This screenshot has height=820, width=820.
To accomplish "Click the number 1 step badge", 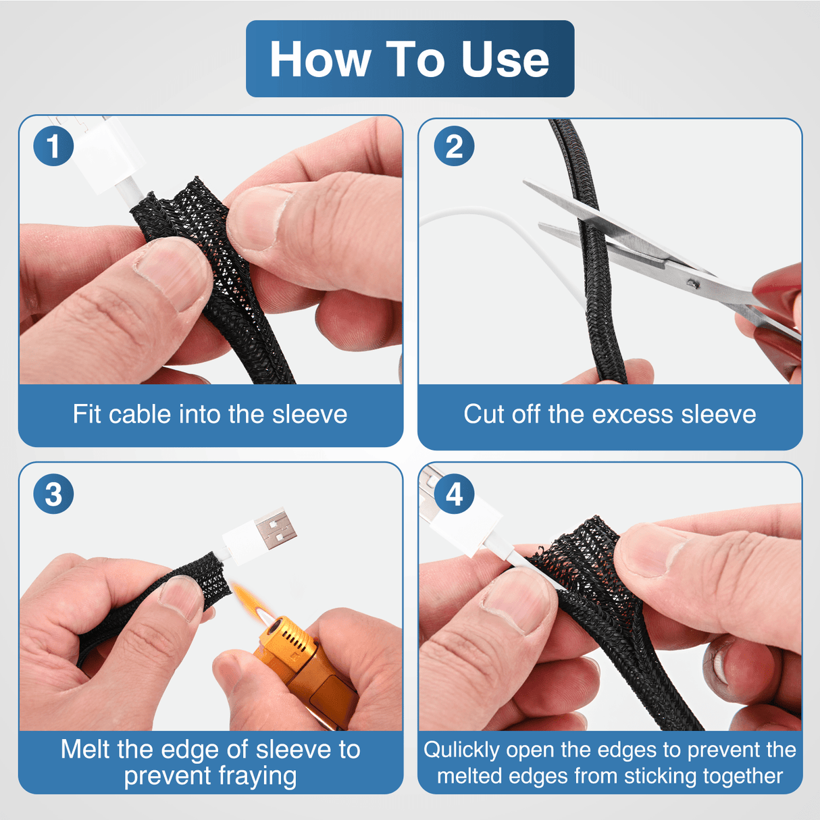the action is [x=53, y=146].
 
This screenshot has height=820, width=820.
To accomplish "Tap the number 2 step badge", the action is [x=454, y=146].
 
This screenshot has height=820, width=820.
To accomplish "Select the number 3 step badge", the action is [x=53, y=494].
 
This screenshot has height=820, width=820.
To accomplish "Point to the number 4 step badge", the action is [x=454, y=494].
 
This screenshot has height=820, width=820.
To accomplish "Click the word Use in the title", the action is [x=505, y=59].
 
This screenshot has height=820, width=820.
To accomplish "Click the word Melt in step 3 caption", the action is [x=85, y=749].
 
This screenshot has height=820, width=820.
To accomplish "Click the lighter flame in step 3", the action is [x=252, y=600].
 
